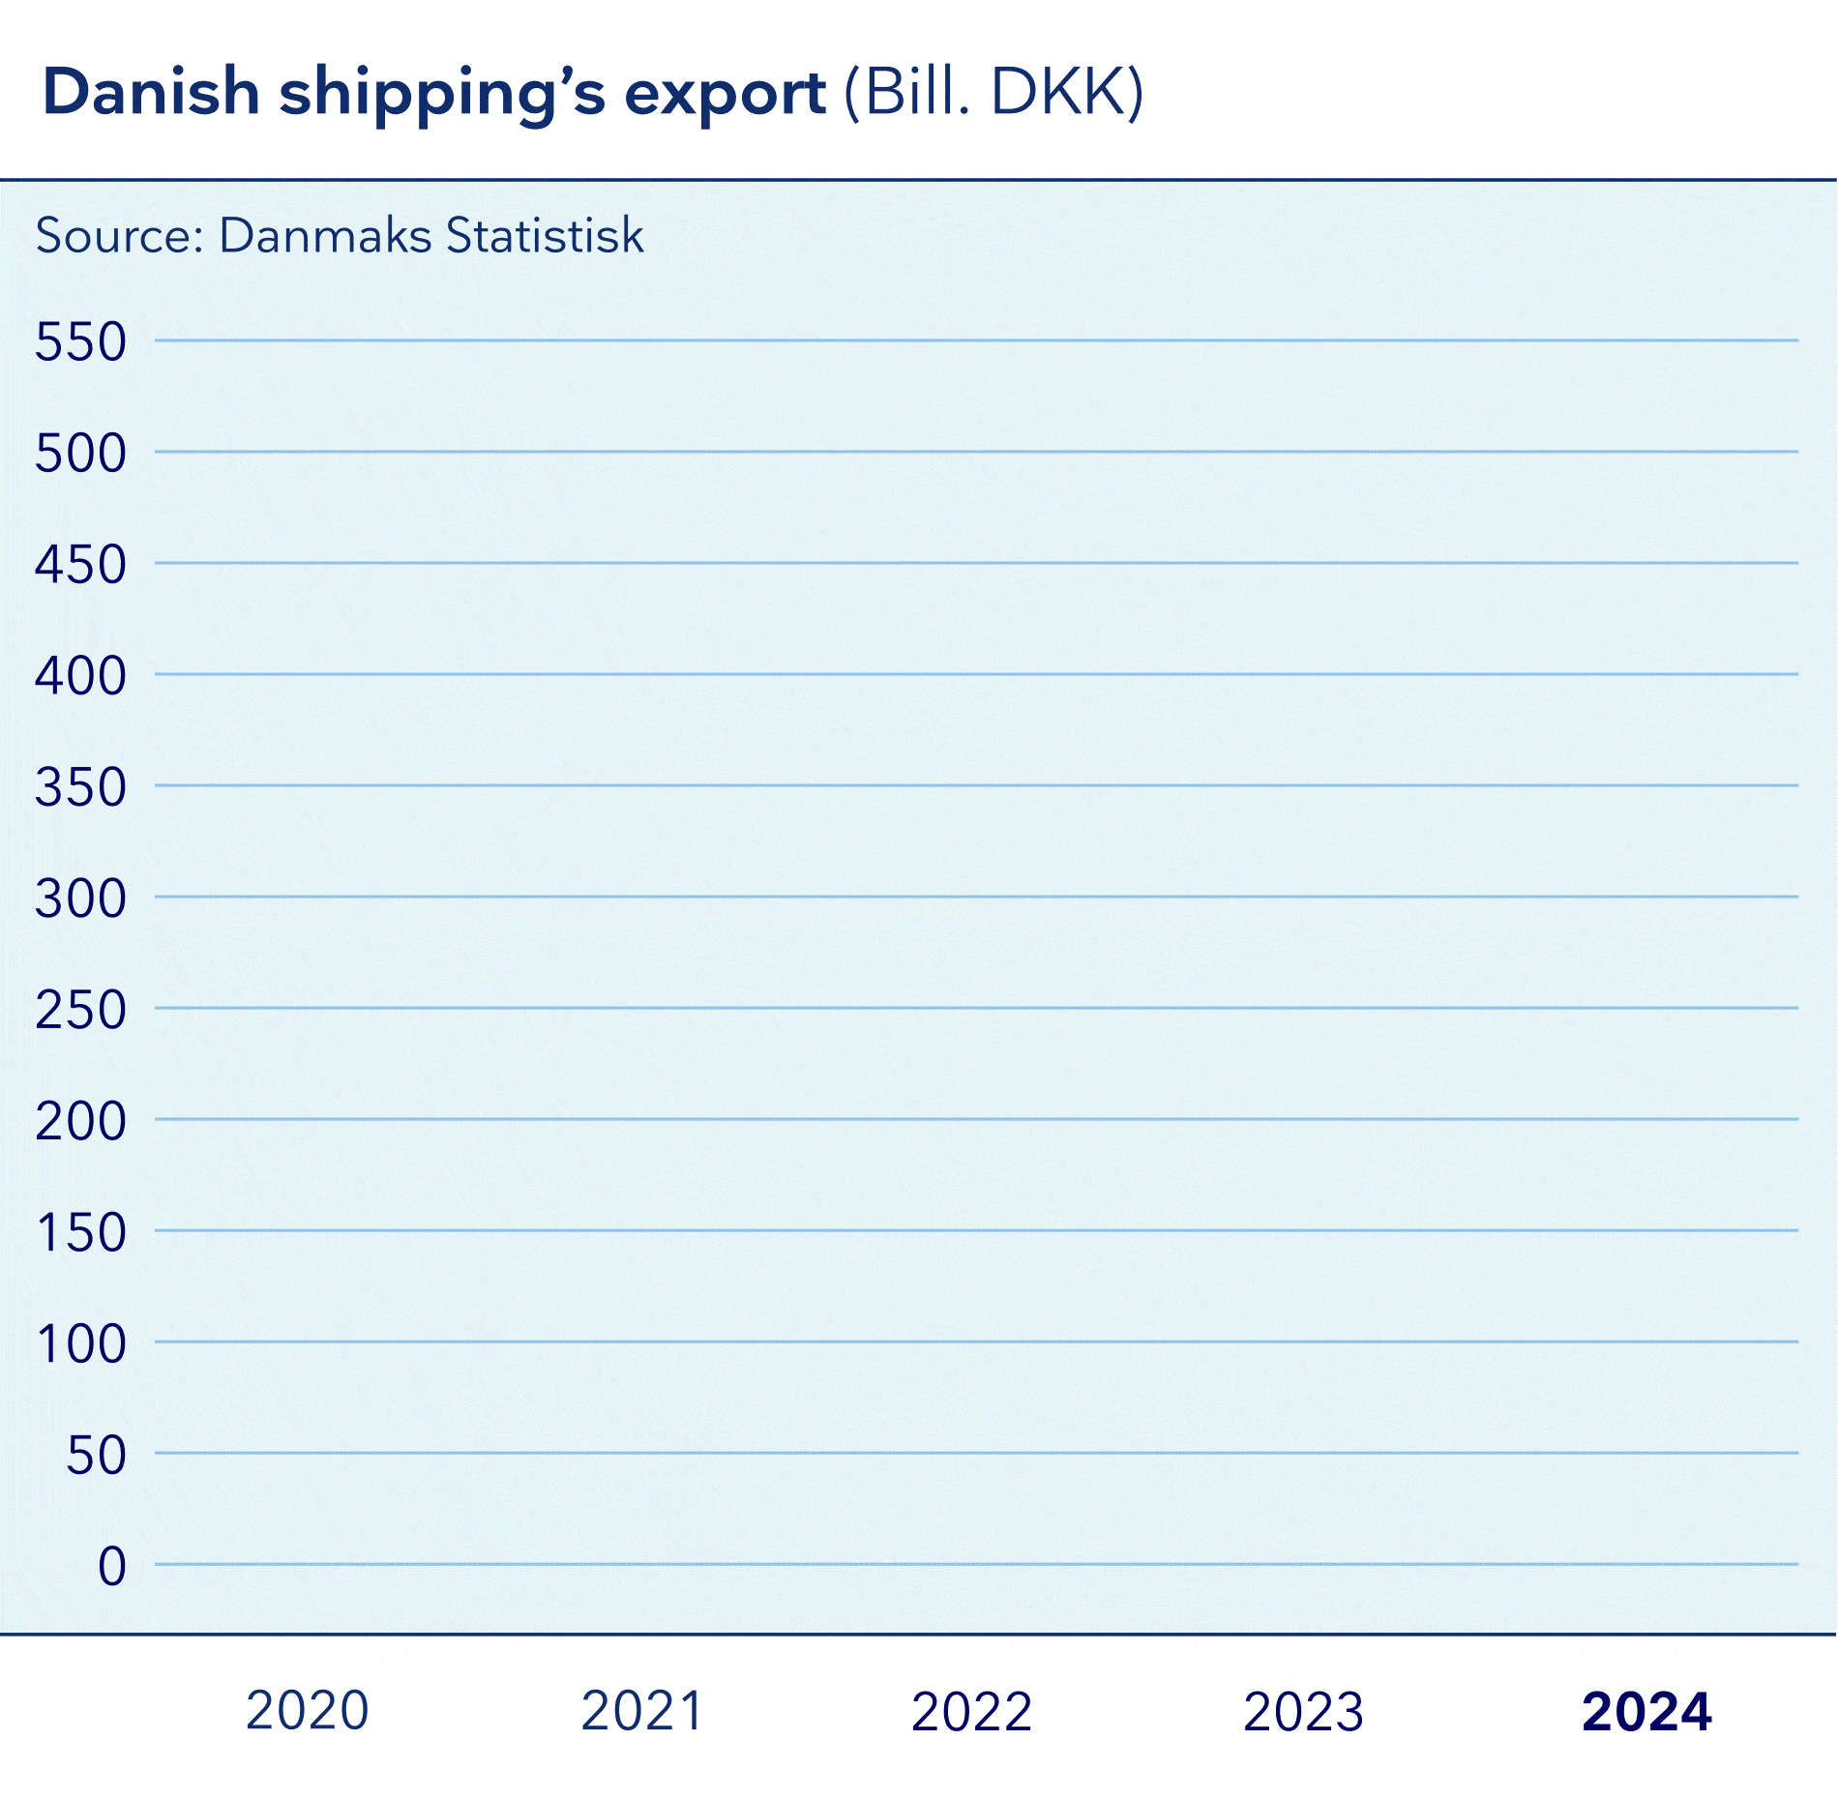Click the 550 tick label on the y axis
(x=80, y=342)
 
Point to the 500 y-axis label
(x=80, y=454)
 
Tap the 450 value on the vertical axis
(x=80, y=565)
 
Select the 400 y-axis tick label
(x=80, y=676)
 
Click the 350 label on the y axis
(x=80, y=787)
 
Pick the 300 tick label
(x=80, y=899)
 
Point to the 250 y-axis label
(x=80, y=1010)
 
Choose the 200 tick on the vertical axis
(x=80, y=1121)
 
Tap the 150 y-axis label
(x=80, y=1233)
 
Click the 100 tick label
(x=80, y=1344)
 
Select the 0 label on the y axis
(x=112, y=1566)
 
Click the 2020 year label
(x=308, y=1711)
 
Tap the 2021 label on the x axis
(x=641, y=1711)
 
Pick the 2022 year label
(x=972, y=1711)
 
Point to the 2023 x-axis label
(x=1303, y=1711)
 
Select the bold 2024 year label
(x=1646, y=1711)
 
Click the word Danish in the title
(x=152, y=93)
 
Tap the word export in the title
(x=726, y=95)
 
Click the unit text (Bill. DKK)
(x=994, y=93)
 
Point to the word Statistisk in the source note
(x=545, y=235)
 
